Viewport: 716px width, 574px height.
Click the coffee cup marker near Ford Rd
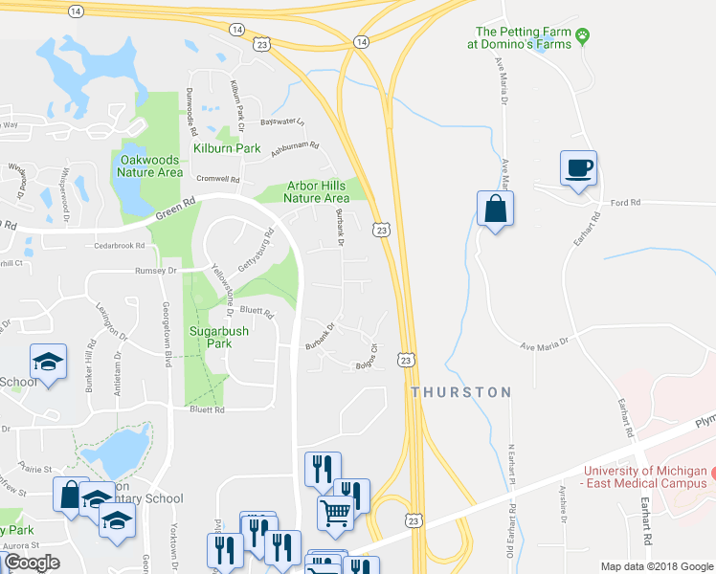tap(578, 169)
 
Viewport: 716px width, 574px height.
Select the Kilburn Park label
tap(227, 148)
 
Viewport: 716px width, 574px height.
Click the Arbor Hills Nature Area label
tap(316, 192)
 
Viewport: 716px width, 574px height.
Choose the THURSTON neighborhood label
tap(460, 392)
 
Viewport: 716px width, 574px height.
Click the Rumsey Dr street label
tap(158, 271)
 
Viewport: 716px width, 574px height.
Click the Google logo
tap(32, 562)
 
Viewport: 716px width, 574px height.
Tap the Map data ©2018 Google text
tap(655, 566)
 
